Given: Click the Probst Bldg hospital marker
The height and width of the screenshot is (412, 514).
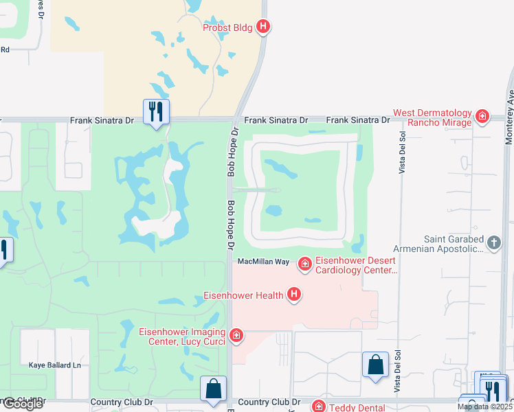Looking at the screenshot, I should click(x=262, y=27).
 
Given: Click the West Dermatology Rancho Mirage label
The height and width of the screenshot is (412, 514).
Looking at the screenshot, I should click(x=432, y=117).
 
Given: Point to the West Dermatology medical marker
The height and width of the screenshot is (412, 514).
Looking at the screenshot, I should click(x=482, y=117).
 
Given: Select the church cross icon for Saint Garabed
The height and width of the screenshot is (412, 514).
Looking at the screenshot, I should click(x=493, y=242).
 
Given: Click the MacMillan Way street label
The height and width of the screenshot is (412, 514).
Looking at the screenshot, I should click(x=263, y=262).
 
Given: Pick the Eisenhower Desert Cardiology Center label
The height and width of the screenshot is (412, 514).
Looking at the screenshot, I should click(x=357, y=265).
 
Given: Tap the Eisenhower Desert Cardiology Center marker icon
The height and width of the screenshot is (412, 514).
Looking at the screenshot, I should click(x=304, y=263).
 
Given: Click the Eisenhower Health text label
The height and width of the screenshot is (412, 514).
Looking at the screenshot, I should click(x=244, y=296).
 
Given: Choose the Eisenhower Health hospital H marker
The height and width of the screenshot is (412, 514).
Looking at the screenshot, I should click(x=294, y=295).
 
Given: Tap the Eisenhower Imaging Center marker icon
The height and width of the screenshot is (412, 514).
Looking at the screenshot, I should click(x=236, y=335).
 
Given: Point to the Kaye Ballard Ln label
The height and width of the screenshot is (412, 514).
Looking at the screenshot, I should click(x=54, y=365).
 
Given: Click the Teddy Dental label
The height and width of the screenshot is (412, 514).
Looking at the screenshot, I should click(x=353, y=407).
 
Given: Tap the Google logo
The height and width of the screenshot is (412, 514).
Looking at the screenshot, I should click(x=22, y=404).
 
